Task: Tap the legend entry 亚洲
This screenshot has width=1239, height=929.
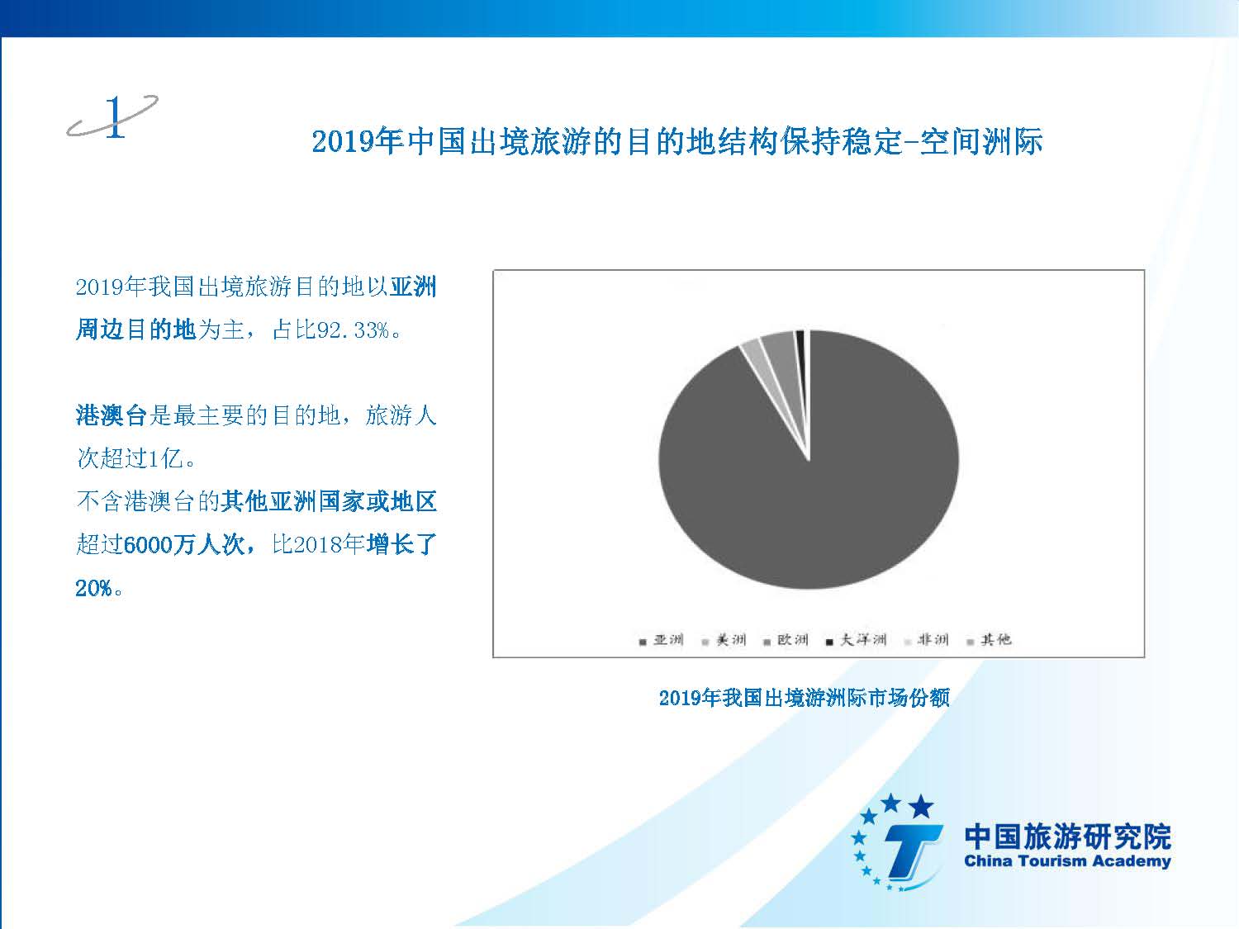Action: tap(661, 640)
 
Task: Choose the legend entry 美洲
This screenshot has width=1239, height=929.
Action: tap(724, 640)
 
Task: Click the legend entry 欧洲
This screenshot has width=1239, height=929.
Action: tap(786, 640)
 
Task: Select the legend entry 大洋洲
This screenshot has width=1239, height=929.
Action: tap(856, 640)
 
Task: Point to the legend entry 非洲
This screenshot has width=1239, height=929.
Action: tap(926, 640)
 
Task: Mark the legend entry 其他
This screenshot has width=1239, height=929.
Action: tap(989, 640)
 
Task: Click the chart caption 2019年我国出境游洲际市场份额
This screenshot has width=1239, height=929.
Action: tap(804, 698)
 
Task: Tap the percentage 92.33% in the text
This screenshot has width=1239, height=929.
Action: tap(353, 330)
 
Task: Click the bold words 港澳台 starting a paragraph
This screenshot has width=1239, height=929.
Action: tap(112, 415)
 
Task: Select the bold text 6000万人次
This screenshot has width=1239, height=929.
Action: tap(183, 544)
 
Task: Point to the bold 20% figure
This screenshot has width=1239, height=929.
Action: tap(93, 588)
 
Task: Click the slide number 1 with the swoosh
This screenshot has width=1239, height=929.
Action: tap(113, 116)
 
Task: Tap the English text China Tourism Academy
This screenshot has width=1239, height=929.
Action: tap(1067, 861)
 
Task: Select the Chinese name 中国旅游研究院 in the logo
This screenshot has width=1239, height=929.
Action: tap(1067, 837)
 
